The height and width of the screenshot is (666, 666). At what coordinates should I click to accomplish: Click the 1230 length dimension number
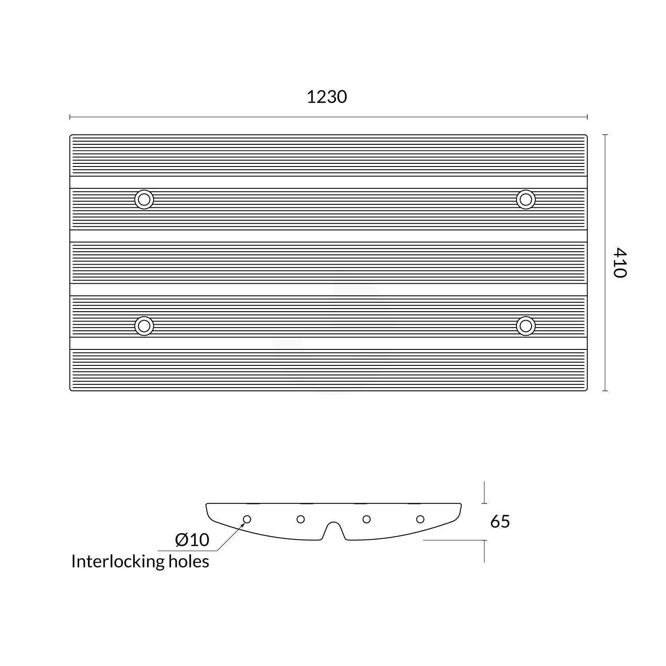327,97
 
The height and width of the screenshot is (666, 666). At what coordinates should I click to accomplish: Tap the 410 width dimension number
620,263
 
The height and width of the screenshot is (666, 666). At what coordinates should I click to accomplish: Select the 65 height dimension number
500,521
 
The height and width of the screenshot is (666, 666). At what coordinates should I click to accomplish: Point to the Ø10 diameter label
192,540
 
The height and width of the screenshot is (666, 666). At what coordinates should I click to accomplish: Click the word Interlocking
118,562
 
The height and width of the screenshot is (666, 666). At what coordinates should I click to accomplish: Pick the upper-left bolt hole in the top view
144,199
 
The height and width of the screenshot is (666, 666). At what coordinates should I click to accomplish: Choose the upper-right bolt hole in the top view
526,199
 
